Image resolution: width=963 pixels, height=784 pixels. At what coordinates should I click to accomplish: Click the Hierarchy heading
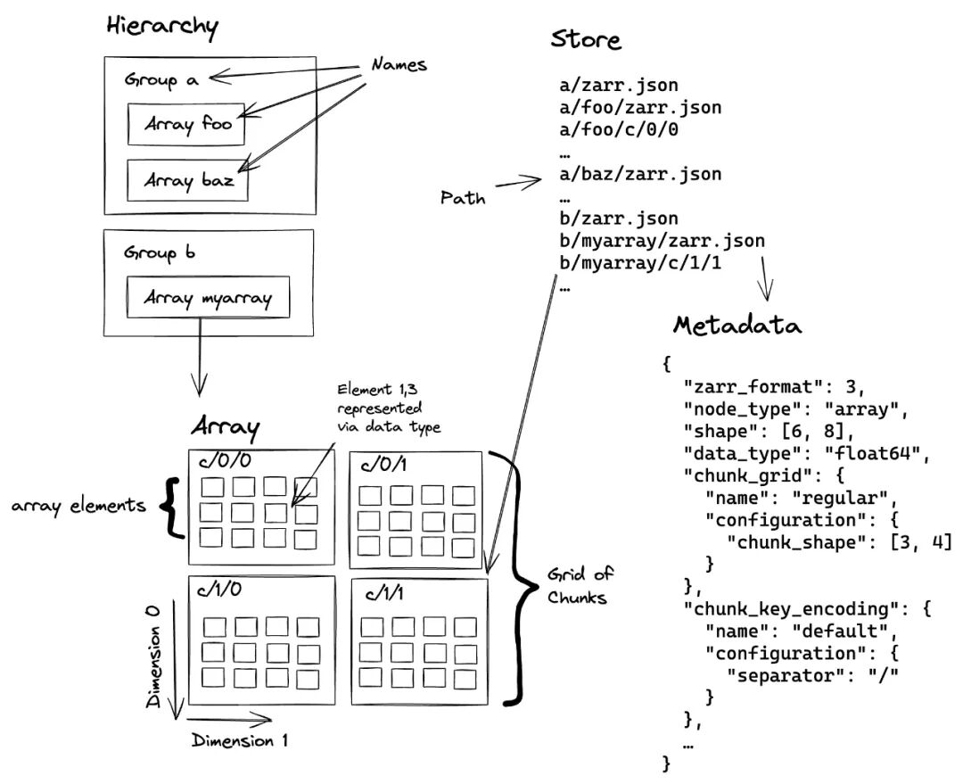click(x=161, y=27)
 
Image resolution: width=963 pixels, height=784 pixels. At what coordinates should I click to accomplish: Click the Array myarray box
click(x=208, y=298)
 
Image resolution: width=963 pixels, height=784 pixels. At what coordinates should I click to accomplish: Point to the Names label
click(x=399, y=65)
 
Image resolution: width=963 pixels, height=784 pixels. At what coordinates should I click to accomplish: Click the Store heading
click(x=586, y=41)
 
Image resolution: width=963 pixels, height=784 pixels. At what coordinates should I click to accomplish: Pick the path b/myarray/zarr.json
click(x=662, y=242)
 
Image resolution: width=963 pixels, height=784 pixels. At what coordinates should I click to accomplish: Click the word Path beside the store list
click(x=464, y=198)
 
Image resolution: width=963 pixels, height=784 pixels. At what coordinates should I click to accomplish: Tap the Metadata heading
click(x=737, y=326)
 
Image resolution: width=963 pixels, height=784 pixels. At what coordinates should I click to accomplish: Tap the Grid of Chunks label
click(x=566, y=585)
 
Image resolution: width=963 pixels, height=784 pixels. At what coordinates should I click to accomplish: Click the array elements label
click(x=78, y=507)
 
